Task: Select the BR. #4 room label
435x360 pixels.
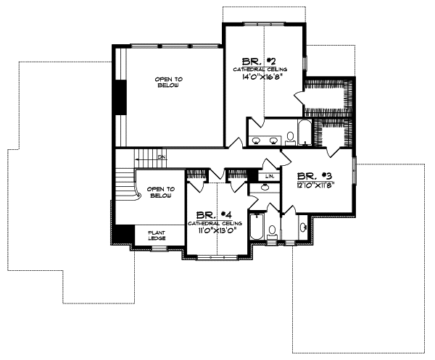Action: click(x=204, y=215)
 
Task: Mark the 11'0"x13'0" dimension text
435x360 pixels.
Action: click(x=205, y=231)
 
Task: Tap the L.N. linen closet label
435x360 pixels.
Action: click(x=268, y=176)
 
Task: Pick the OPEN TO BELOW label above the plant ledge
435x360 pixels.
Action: click(x=159, y=192)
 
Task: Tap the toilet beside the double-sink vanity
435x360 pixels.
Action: click(x=289, y=137)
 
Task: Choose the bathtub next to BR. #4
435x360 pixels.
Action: click(x=255, y=226)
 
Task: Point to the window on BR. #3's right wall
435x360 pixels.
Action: click(x=355, y=175)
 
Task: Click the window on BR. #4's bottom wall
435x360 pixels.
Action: click(x=218, y=256)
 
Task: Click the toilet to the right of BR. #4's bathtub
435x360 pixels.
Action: click(x=273, y=232)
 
